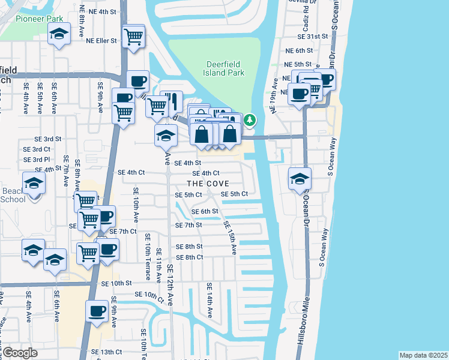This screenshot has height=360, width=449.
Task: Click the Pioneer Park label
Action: point(35,18)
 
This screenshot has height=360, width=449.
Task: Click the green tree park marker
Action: point(249,121)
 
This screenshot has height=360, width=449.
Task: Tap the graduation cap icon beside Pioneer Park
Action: point(59,35)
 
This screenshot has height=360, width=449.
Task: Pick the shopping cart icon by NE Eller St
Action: point(133,36)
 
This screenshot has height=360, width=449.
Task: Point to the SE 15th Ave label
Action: point(229,236)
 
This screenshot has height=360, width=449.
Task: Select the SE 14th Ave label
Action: point(209,300)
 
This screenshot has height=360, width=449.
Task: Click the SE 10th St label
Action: point(116,283)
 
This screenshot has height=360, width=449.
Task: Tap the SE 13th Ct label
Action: point(106,352)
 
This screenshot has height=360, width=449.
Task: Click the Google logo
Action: point(20,353)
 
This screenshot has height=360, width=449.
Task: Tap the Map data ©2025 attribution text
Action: point(423,355)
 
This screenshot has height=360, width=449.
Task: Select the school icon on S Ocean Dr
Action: point(300,178)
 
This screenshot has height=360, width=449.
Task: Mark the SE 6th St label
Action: point(205,211)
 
